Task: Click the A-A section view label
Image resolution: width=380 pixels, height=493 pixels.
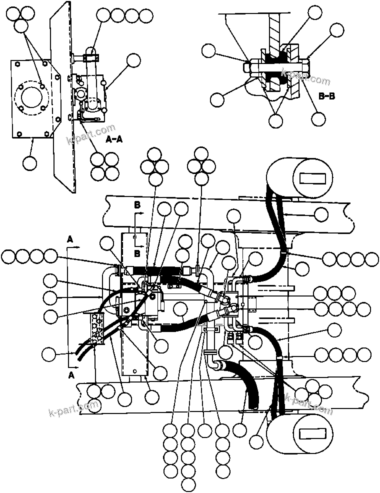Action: coord(114,140)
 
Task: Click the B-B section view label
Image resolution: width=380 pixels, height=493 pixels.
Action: coord(326,97)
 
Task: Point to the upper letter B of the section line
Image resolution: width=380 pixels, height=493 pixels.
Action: coord(137,205)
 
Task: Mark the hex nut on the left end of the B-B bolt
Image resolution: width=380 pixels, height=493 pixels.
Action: coord(248,65)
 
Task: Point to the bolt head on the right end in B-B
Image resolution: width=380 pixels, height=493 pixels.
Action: coord(305,65)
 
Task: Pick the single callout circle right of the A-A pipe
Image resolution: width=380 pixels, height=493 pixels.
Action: coord(133,60)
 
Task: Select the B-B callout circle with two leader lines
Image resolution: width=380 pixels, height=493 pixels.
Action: coord(275,120)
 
